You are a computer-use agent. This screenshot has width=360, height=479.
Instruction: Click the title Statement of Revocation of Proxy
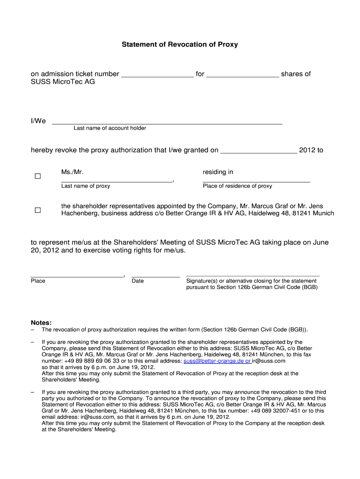pos(180,44)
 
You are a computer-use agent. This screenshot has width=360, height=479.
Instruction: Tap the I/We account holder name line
pos(167,123)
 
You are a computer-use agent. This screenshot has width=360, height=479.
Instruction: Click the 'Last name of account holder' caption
pos(110,128)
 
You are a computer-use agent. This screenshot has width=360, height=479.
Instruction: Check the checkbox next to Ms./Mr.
pos(38,176)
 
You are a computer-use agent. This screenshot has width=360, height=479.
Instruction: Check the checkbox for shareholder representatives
pos(38,210)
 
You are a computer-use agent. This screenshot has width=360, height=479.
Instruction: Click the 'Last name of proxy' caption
pos(86,186)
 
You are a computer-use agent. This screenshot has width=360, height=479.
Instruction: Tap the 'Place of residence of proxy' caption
pos(237,186)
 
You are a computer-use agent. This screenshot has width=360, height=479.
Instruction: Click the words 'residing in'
pos(218,172)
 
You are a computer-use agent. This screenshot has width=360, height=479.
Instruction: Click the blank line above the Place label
pos(77,276)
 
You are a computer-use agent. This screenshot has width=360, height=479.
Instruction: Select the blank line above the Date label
pos(156,276)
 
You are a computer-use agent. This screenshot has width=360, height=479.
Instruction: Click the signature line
pos(252,276)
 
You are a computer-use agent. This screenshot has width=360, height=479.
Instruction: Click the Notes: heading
pos(41,323)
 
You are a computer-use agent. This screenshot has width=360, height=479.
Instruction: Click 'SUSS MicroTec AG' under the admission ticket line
pos(63,81)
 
